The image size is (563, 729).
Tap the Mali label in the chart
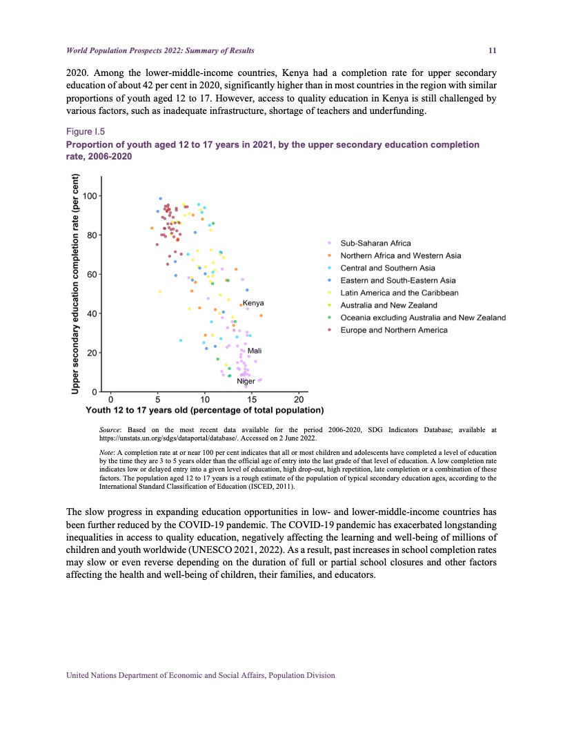[x=254, y=351]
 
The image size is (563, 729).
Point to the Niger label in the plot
[x=246, y=381]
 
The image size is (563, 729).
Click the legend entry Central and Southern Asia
[x=388, y=268]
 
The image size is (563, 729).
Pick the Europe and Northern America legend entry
[x=394, y=330]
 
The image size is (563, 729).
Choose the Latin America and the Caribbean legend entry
[x=399, y=293]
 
